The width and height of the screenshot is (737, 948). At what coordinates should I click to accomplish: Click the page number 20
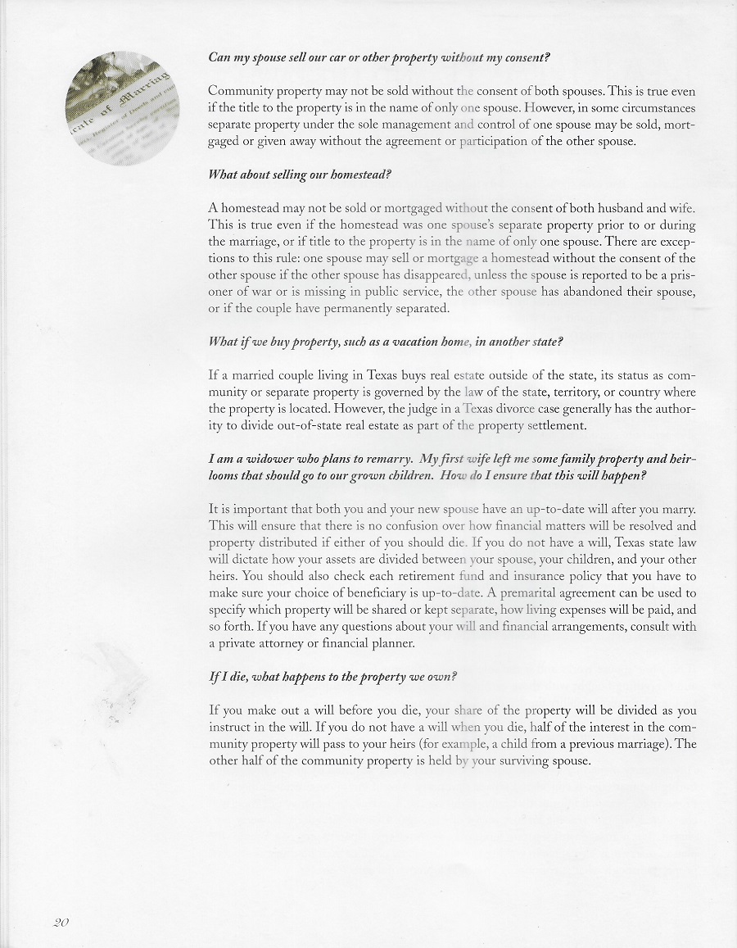(61, 922)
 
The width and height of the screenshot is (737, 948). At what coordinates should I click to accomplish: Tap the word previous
(590, 744)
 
